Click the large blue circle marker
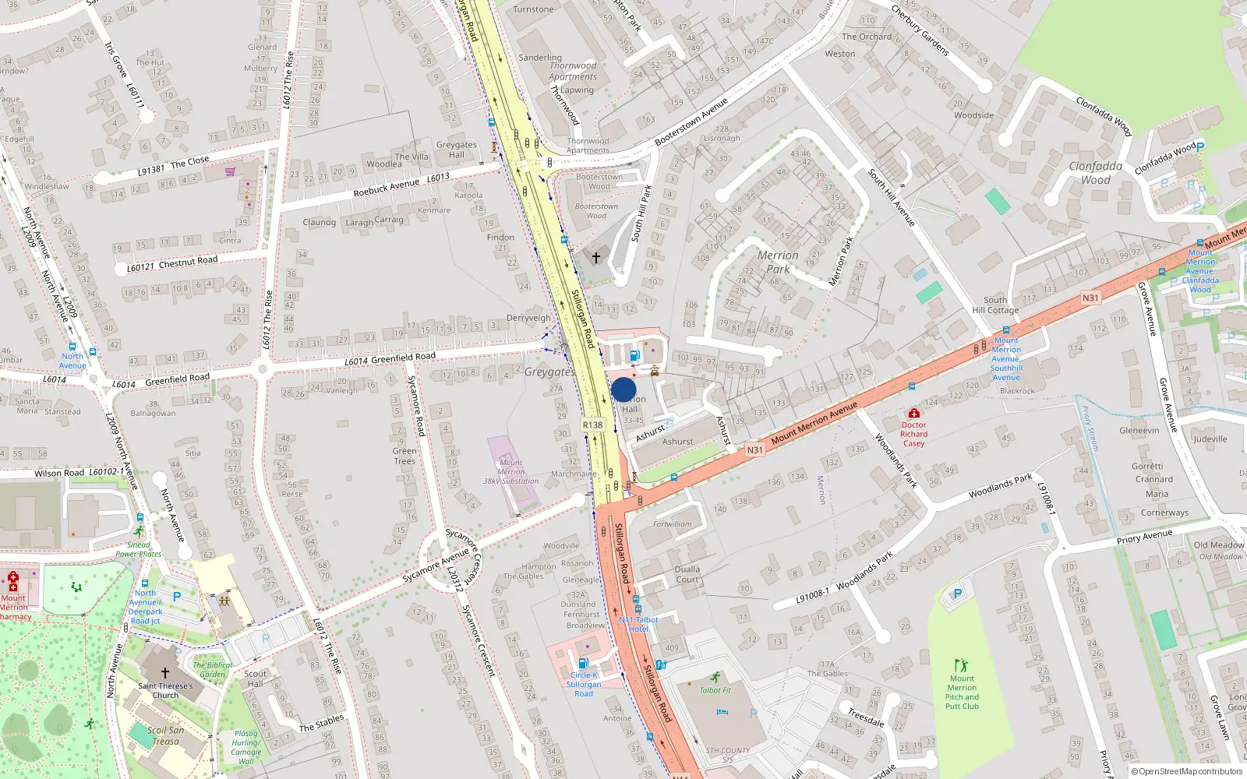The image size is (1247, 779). pos(623,389)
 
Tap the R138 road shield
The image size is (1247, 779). pos(592,425)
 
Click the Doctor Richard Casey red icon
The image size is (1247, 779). pos(913,413)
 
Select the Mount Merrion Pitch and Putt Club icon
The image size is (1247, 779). pos(961,666)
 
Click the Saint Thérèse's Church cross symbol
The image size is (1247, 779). pos(164,673)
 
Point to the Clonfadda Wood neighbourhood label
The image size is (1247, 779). pos(1096,173)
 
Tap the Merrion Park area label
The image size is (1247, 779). pos(778,262)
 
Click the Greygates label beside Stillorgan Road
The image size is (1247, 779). pos(549,372)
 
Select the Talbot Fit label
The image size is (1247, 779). pos(715,690)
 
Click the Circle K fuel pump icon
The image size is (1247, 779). pos(583,663)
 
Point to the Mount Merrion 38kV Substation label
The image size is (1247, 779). pos(510,472)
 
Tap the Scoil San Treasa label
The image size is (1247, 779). pos(166,735)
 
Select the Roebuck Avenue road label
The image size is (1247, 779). pos(386,188)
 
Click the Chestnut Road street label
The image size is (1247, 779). pos(188,262)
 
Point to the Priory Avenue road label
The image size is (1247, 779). pos(1143,537)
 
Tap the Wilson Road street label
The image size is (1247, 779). pos(59,473)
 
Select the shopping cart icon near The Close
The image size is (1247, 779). pos(230,172)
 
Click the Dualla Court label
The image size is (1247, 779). pos(687,574)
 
